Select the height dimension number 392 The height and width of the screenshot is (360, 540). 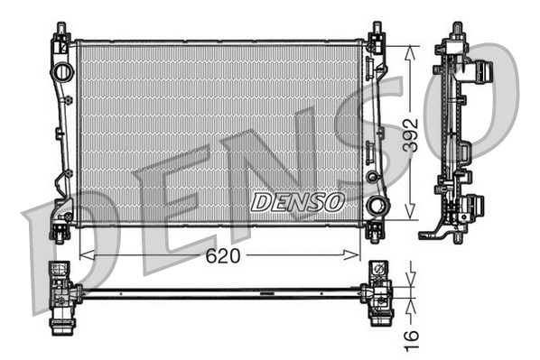point(412,133)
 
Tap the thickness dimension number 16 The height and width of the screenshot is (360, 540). point(412,339)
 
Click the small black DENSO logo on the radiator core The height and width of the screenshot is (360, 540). point(297,201)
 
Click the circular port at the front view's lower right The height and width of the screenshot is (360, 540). point(378,208)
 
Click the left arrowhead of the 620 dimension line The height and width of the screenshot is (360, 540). point(85,255)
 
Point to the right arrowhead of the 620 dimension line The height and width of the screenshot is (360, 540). point(360,255)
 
